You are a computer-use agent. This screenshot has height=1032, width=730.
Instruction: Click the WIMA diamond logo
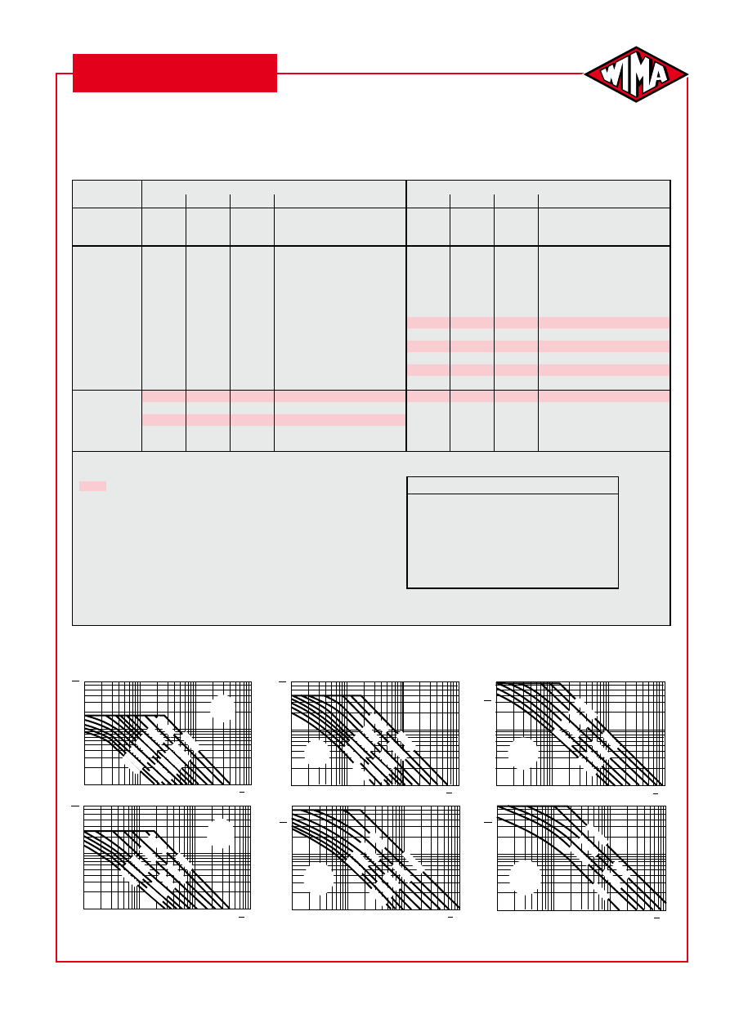(x=636, y=74)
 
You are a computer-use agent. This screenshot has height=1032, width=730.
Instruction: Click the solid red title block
(x=175, y=73)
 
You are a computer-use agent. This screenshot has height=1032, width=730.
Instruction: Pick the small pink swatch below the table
(x=92, y=486)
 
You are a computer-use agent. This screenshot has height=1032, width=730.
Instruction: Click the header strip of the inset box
(x=513, y=485)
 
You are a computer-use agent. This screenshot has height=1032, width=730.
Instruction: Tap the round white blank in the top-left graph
(x=223, y=708)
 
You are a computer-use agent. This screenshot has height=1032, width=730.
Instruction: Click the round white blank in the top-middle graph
(x=317, y=753)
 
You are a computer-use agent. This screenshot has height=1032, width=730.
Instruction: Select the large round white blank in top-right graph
(x=523, y=753)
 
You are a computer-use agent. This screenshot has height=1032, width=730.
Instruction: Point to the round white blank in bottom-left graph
(x=221, y=833)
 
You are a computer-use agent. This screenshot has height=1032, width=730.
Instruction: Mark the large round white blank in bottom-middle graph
(x=318, y=878)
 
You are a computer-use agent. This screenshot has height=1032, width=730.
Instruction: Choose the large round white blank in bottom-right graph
(x=526, y=877)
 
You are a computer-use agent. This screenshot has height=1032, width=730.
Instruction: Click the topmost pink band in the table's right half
(x=538, y=323)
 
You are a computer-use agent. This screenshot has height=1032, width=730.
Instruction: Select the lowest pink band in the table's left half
(x=274, y=420)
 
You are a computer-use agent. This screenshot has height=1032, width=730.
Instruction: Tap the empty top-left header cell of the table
(x=107, y=194)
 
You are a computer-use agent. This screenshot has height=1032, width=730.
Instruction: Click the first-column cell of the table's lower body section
(x=107, y=421)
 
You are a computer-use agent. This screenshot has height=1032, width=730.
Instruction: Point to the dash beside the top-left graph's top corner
(x=75, y=681)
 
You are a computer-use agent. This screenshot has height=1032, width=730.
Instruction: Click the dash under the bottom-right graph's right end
(x=656, y=918)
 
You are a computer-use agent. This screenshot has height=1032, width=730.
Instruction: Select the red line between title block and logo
(x=431, y=74)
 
